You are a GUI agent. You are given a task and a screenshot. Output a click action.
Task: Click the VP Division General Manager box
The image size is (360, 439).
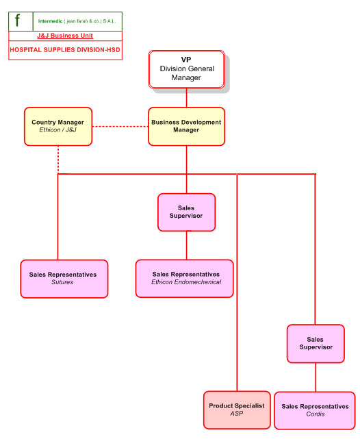pyautogui.click(x=186, y=69)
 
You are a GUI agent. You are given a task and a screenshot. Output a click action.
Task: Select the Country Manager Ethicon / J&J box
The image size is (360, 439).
pyautogui.click(x=58, y=126)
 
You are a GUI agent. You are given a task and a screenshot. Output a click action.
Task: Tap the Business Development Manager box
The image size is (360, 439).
pyautogui.click(x=187, y=126)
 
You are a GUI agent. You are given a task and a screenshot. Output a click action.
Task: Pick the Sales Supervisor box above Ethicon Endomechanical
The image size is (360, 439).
pyautogui.click(x=187, y=212)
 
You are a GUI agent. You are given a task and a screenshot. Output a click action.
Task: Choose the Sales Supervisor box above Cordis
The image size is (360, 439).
pyautogui.click(x=316, y=344)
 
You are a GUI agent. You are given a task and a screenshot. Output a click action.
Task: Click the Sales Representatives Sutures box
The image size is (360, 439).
pyautogui.click(x=64, y=279)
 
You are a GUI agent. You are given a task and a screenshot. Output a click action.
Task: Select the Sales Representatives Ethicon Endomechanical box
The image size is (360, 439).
pyautogui.click(x=184, y=279)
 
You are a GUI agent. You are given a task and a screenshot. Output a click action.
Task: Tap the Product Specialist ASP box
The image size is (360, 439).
pyautogui.click(x=237, y=410)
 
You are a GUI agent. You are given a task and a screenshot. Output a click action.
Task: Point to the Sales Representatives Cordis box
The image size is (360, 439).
pyautogui.click(x=315, y=410)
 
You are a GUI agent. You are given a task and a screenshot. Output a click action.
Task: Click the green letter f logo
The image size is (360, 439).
pyautogui.click(x=17, y=21)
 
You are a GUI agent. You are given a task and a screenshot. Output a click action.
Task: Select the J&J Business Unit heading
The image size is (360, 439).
pyautogui.click(x=65, y=36)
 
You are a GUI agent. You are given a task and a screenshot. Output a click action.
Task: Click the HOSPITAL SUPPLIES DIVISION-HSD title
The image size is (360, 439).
pyautogui.click(x=65, y=50)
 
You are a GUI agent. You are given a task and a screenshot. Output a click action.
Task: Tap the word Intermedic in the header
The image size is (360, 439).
pyautogui.click(x=51, y=21)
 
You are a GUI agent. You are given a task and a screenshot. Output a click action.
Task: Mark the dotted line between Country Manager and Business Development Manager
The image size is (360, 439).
pyautogui.click(x=120, y=127)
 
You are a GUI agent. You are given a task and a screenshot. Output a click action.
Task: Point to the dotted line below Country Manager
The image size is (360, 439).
pyautogui.click(x=58, y=160)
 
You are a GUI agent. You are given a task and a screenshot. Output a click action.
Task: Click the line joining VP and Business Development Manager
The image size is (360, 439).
pyautogui.click(x=187, y=98)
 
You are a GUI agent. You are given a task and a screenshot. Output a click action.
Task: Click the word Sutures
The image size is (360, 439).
pyautogui.click(x=62, y=282)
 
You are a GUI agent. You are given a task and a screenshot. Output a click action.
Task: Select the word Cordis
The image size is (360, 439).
pyautogui.click(x=316, y=414)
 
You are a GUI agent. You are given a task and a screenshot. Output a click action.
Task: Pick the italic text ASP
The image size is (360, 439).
pyautogui.click(x=237, y=414)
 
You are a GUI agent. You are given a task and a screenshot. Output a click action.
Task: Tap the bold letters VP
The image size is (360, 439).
pyautogui.click(x=186, y=60)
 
